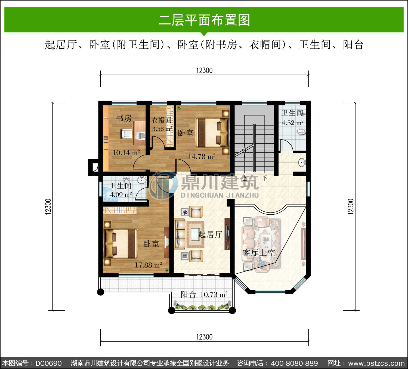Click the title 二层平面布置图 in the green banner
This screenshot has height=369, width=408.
tap(204, 20)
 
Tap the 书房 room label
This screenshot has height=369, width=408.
tap(124, 118)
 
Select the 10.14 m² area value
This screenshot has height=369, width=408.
tap(126, 152)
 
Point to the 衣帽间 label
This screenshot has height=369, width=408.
tap(162, 120)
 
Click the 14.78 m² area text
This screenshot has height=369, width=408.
tap(202, 157)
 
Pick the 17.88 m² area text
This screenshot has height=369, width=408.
tap(148, 265)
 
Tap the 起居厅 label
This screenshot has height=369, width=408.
tap(210, 234)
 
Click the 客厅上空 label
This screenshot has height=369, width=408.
tap(259, 253)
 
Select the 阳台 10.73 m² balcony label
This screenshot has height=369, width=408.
tap(204, 295)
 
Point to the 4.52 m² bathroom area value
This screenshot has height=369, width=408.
tap(292, 123)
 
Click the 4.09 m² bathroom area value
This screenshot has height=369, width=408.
tap(121, 195)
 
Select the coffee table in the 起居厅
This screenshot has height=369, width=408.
tap(195, 234)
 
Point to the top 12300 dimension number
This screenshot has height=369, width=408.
tap(204, 70)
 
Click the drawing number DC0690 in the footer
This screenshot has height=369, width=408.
tap(48, 363)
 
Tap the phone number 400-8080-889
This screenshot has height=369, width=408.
tap(294, 363)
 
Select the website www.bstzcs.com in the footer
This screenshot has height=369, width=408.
tap(376, 363)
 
